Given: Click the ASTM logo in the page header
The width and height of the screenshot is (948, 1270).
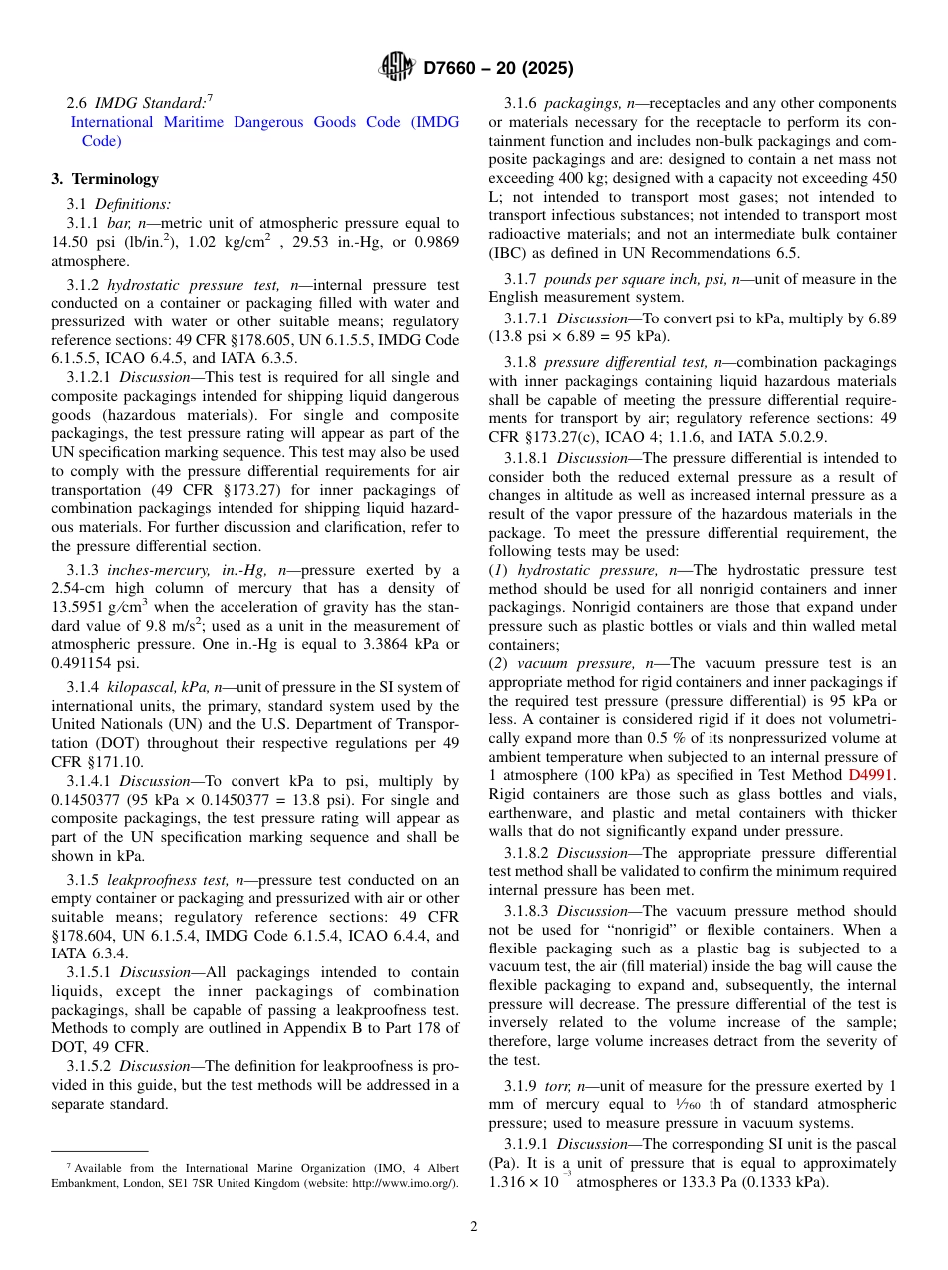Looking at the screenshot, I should pos(397,68).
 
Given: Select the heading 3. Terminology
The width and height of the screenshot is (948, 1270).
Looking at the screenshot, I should pos(105,179).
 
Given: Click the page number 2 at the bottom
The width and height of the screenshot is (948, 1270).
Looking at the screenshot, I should pos(474,1227).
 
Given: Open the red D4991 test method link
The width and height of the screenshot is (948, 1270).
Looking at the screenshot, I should pos(872,773).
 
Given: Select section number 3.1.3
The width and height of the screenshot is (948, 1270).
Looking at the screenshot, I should pos(83,570).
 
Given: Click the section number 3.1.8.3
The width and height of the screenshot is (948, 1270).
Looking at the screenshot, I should pos(530,911).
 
